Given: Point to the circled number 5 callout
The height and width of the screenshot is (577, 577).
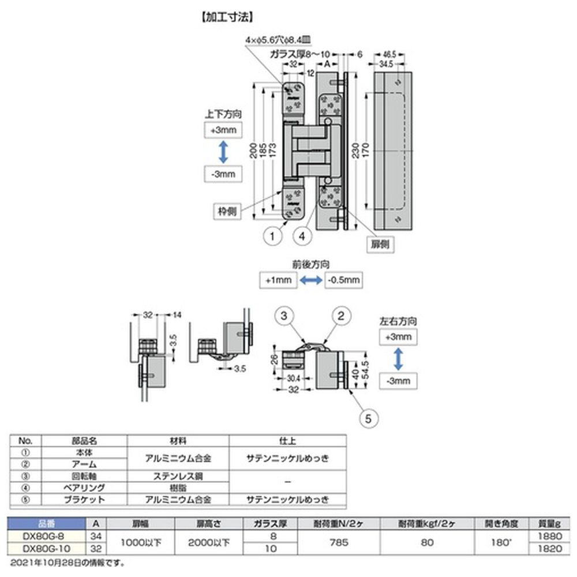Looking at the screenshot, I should click(369, 418).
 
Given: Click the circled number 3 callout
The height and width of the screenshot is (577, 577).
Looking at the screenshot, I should click(284, 315).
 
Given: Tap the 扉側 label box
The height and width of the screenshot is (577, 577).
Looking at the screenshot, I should click(380, 245).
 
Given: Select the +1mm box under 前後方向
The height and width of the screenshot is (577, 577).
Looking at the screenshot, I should click(278, 280).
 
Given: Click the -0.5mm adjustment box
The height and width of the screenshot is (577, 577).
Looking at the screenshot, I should click(344, 280).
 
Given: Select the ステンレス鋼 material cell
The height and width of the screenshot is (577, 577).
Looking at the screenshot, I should click(177, 476).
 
